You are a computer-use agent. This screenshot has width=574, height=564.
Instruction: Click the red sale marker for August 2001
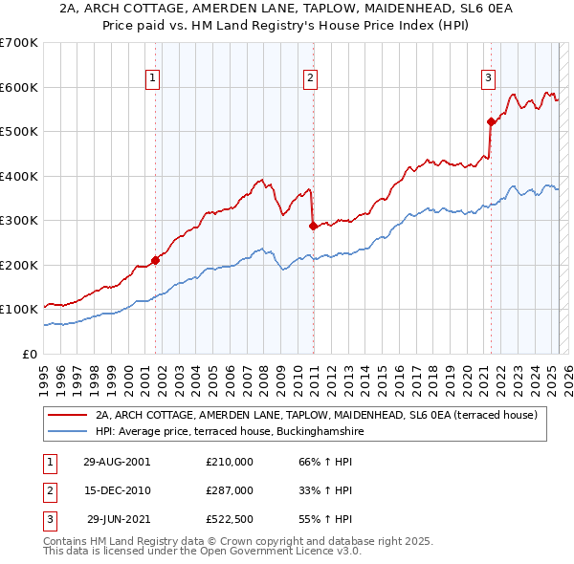click(155, 260)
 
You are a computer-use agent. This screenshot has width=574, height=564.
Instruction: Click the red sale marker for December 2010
click(313, 227)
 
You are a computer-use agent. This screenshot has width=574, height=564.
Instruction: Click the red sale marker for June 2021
click(491, 121)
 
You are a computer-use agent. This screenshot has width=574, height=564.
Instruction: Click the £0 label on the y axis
click(29, 354)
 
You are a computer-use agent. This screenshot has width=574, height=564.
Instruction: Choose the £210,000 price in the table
click(230, 462)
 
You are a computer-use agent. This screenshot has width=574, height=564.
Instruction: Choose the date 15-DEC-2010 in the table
click(117, 490)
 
